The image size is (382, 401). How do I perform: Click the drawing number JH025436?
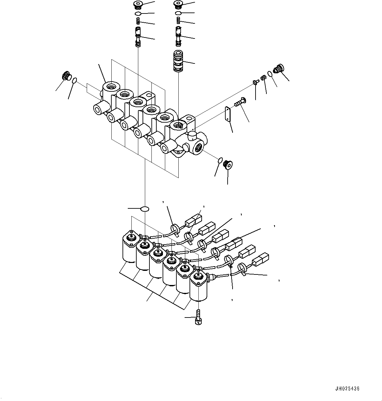click(x=348, y=389)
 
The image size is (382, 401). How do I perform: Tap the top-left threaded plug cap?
click(x=138, y=5)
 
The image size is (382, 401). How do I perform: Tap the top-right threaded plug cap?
click(x=178, y=5)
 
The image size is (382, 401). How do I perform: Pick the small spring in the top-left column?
click(x=138, y=21)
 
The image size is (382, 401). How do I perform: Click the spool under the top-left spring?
click(x=138, y=37)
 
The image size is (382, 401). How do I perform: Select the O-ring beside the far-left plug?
click(x=75, y=80)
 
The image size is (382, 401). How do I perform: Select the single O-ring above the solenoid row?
click(x=145, y=209)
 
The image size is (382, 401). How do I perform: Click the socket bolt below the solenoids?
click(x=198, y=318)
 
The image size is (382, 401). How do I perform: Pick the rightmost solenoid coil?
click(x=198, y=287)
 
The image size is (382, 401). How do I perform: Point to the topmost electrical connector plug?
click(x=193, y=221)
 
